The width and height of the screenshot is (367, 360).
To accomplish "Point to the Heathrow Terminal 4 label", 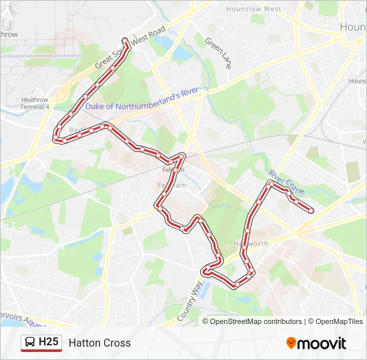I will (35, 103).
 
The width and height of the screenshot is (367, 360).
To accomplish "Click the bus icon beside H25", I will (30, 343).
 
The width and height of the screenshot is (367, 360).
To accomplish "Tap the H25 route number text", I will (49, 343).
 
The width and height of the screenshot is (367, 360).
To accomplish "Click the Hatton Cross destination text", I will (99, 343).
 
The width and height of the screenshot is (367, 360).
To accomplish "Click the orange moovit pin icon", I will (291, 343).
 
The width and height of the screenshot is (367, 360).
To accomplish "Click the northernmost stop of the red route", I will (125, 40).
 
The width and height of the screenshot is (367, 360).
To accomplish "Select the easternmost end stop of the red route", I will (311, 211).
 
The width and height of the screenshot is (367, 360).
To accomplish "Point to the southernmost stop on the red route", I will (237, 286).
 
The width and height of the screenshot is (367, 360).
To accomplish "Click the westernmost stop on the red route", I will (55, 139).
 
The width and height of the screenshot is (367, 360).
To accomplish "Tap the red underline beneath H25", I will (41, 351).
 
